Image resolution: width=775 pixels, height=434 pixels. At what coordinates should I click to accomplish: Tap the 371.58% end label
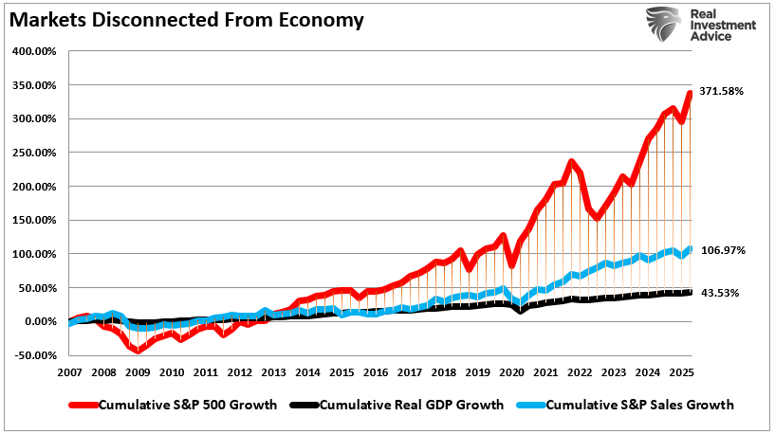[721, 91]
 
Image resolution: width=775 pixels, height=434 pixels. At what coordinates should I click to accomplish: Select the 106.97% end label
[721, 250]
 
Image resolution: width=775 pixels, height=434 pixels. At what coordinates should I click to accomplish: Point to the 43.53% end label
[719, 293]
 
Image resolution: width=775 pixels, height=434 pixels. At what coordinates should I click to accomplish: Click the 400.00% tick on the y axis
[34, 51]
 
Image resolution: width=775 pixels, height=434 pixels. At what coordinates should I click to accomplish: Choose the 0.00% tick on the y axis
[40, 321]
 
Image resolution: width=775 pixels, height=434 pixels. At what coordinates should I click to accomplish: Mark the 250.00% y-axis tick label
[34, 153]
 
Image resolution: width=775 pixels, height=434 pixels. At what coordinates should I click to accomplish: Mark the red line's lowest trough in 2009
[138, 351]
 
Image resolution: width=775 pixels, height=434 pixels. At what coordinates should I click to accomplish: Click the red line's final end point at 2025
[690, 93]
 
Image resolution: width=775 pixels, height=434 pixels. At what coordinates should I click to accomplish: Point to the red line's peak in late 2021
[571, 162]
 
